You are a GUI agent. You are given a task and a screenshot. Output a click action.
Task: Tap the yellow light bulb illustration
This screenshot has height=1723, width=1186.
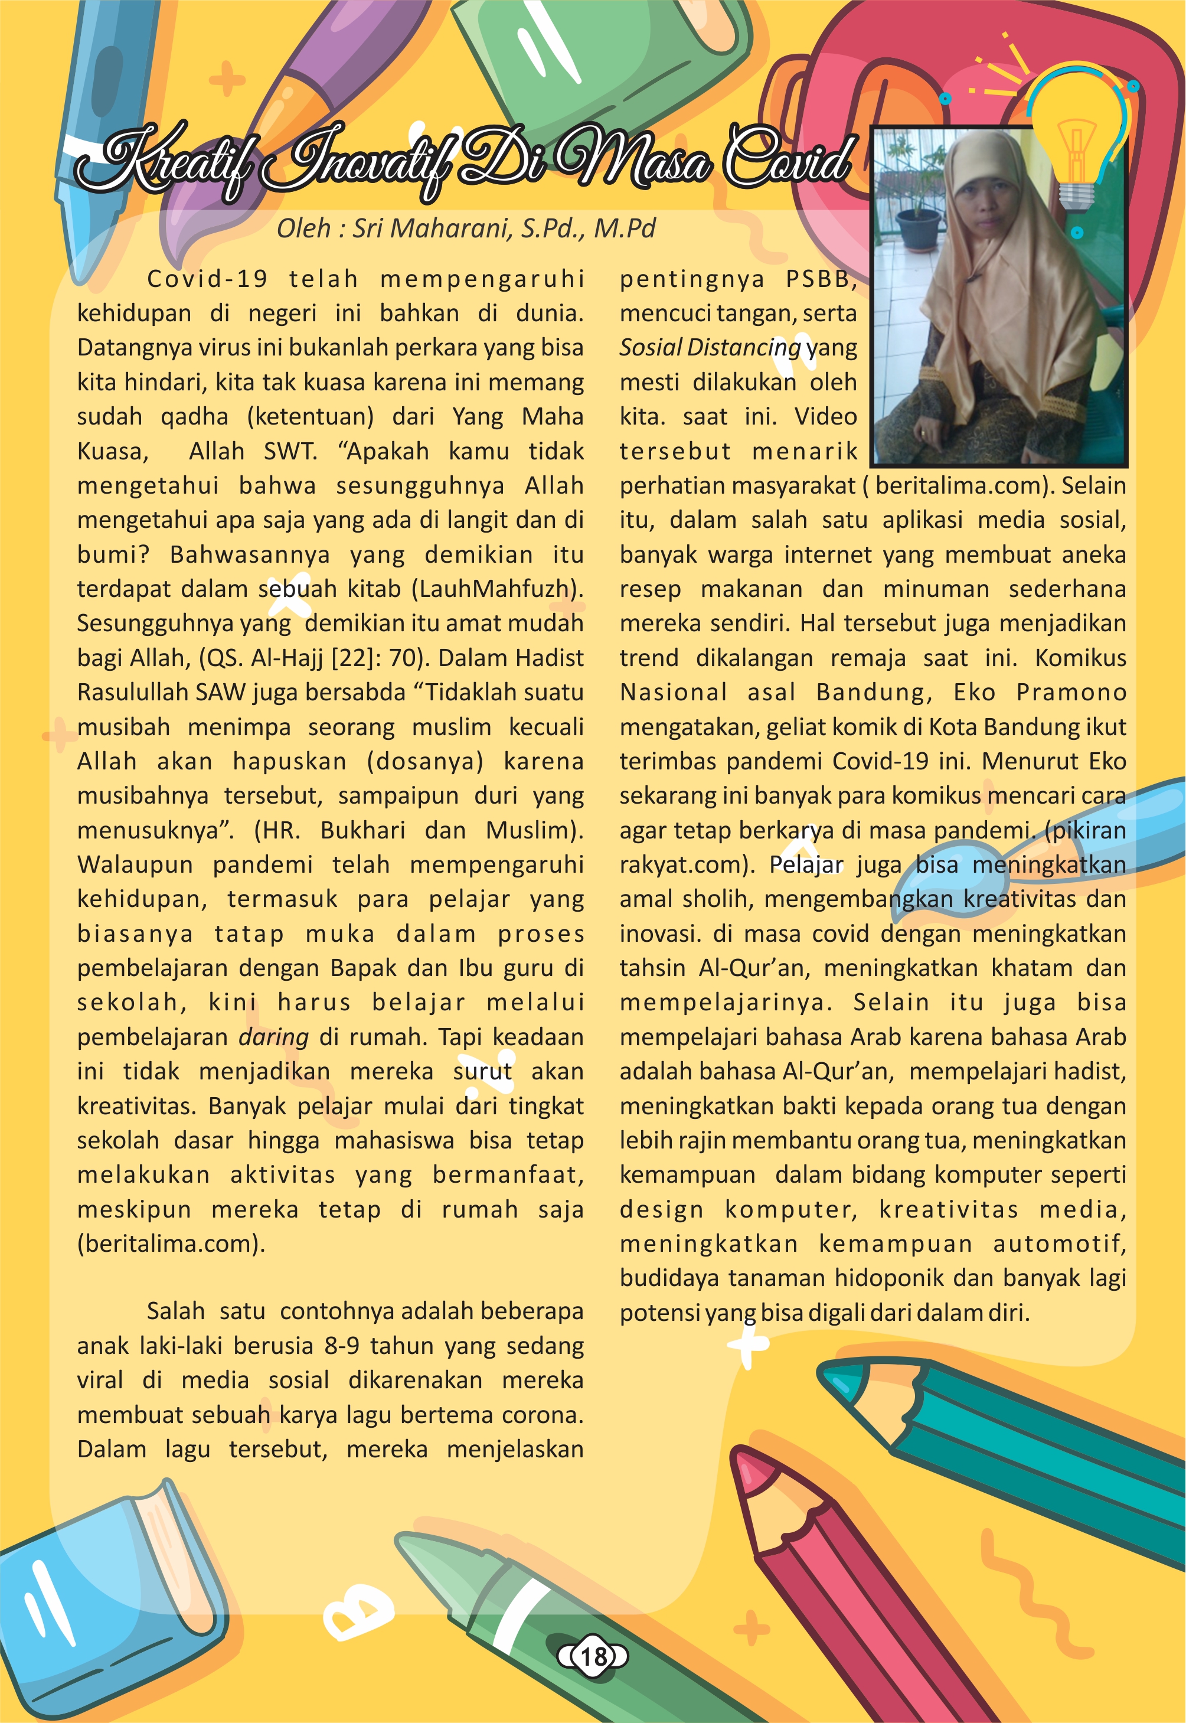coord(1077,134)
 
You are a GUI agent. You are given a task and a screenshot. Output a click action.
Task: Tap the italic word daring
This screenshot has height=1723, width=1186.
coord(273,1037)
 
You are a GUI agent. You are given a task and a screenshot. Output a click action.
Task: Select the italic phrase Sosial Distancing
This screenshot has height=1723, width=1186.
coord(710,348)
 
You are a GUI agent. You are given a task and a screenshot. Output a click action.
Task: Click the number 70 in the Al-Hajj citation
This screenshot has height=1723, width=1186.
coord(405,658)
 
